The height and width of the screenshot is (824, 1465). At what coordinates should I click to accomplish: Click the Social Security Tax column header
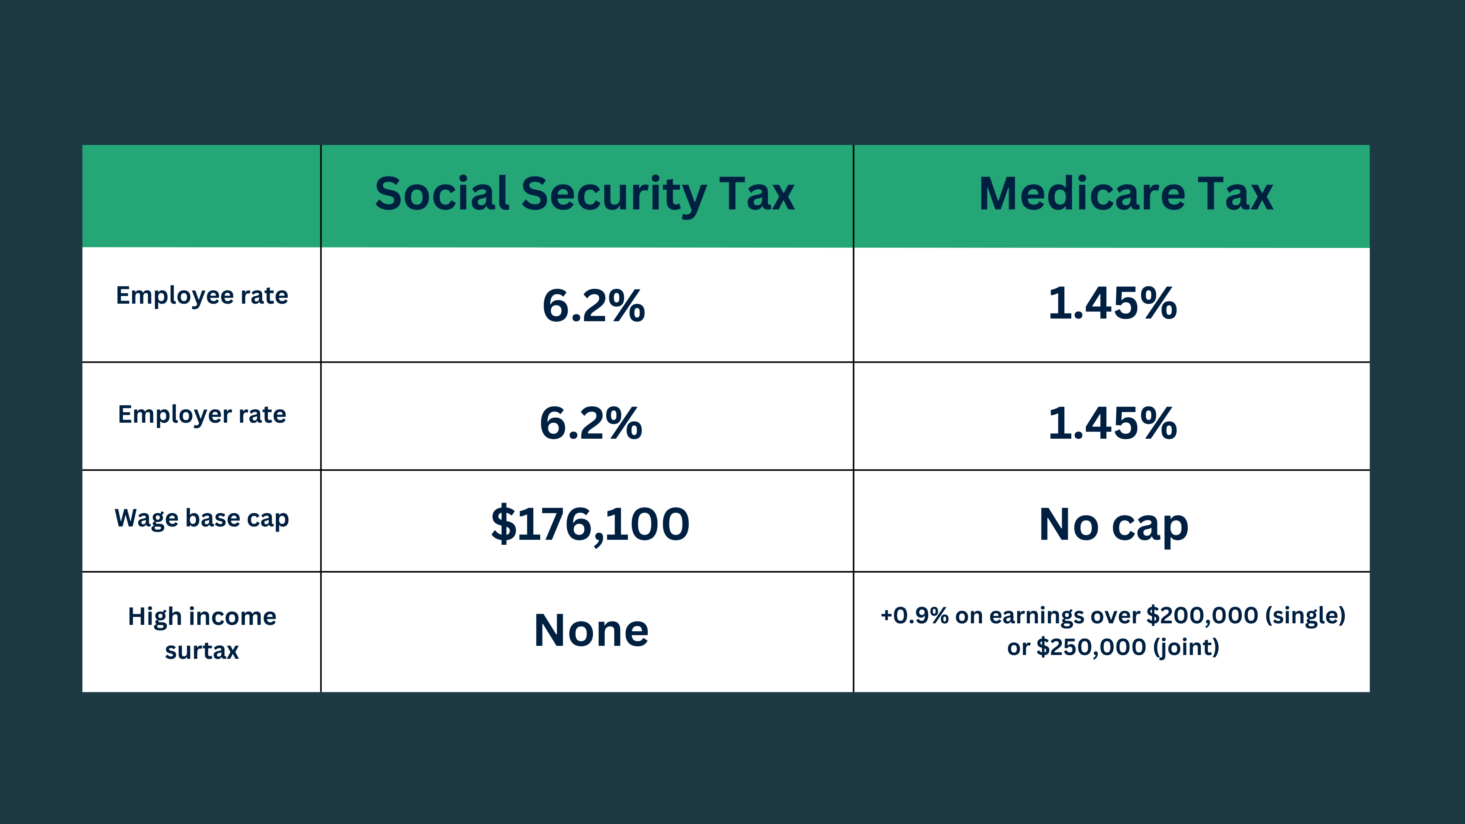tap(584, 195)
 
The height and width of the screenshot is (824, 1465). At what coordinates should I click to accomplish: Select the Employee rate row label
tap(202, 296)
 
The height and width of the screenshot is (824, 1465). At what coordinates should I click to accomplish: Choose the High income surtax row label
tap(202, 633)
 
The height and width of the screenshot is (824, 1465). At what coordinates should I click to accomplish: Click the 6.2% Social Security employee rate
tap(593, 305)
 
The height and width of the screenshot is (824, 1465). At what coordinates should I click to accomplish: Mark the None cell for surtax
tap(591, 630)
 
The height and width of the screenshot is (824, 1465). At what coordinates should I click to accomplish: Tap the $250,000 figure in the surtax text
tap(1091, 647)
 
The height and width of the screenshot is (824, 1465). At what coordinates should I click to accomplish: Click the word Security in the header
tap(613, 195)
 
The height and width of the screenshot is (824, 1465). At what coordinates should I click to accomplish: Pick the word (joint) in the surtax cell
tap(1186, 647)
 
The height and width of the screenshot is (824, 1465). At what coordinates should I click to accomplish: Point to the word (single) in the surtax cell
tap(1305, 615)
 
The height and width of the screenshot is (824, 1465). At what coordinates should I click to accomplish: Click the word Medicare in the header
tap(1082, 195)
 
